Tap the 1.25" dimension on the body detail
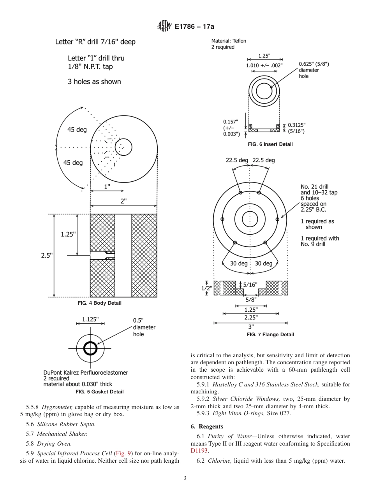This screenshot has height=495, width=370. pos(69,234)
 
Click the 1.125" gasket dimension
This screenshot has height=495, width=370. pos(90,319)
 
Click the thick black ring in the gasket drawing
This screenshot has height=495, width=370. pos(90,348)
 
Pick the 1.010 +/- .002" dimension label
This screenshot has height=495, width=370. pos(264,65)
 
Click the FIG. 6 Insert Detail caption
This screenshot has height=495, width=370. pos(270,144)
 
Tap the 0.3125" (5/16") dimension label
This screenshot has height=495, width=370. pos(296,128)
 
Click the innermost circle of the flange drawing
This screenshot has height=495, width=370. pos(250,219)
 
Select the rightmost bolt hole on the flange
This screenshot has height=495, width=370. pos(277,219)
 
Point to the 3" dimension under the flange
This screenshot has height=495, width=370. pos(251,327)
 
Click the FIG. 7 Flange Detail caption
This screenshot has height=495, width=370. pos(270,334)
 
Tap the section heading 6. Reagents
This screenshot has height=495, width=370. pos(206,427)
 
